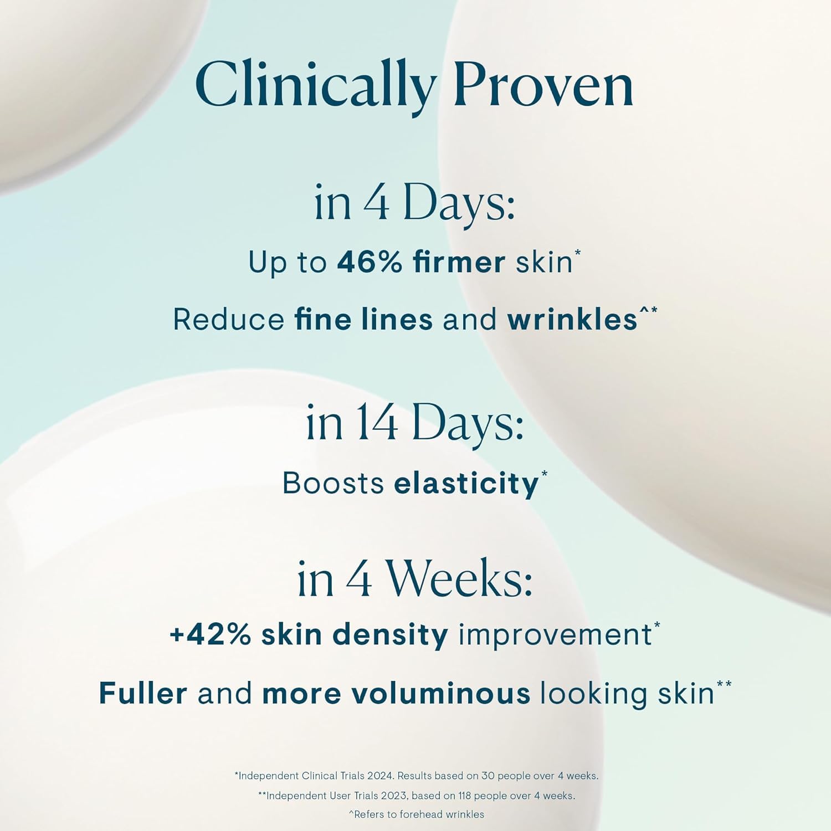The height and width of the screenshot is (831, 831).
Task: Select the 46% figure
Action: tap(370, 262)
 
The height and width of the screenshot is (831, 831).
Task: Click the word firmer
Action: tap(459, 262)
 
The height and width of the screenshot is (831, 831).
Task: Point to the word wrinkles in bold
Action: tap(572, 320)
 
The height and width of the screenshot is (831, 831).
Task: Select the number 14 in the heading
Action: tap(377, 423)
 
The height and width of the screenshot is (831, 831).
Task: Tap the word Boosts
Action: tap(333, 483)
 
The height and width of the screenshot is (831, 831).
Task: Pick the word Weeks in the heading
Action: tap(459, 579)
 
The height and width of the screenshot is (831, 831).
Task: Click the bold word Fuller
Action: tap(143, 694)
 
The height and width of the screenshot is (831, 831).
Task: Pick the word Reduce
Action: tap(228, 320)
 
